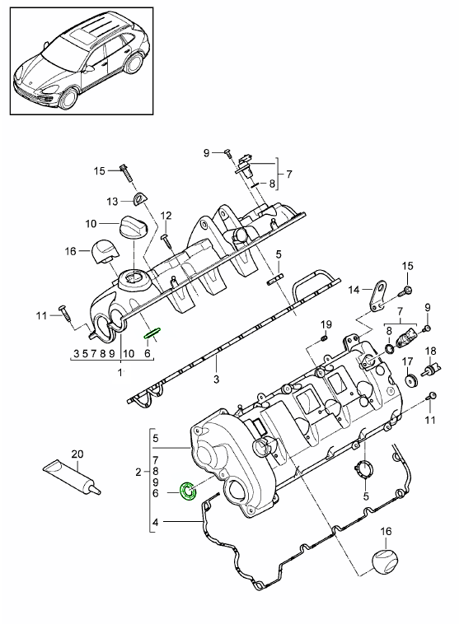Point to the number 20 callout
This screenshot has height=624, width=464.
tap(77, 453)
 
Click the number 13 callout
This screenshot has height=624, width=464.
tap(112, 202)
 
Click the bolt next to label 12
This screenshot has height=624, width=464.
tap(165, 237)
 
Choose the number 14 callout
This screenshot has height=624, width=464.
tap(354, 289)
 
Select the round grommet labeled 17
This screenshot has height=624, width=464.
tap(410, 380)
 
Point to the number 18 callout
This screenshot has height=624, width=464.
tap(429, 352)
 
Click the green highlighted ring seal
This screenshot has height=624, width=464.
tap(188, 492)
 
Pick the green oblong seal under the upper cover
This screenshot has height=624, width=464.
tap(153, 333)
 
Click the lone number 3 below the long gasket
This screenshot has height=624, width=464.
tap(217, 380)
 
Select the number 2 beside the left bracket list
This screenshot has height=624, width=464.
tap(138, 472)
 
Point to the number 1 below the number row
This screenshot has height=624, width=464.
tap(120, 371)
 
